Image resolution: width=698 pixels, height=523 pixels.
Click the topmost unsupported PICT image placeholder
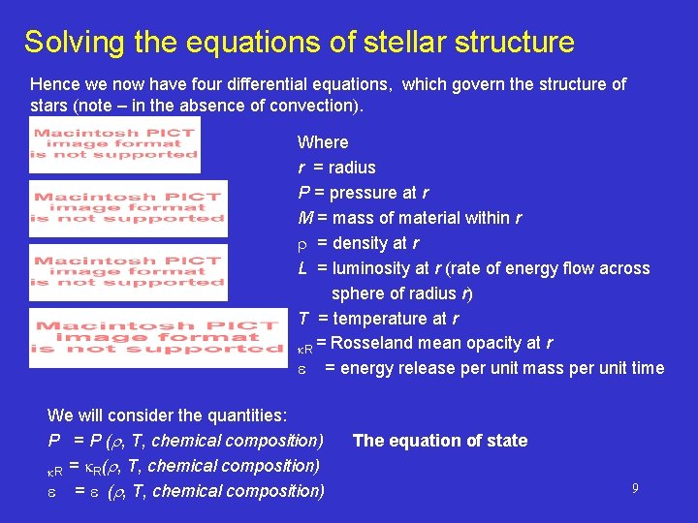pyautogui.click(x=114, y=144)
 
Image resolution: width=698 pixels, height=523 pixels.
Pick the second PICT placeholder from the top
pyautogui.click(x=129, y=208)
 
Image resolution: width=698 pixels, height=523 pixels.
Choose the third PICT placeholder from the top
pyautogui.click(x=129, y=272)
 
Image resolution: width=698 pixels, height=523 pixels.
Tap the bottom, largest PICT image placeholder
pyautogui.click(x=159, y=338)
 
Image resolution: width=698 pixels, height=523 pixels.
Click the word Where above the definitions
pyautogui.click(x=323, y=142)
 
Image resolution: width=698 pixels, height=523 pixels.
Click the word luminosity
pyautogui.click(x=374, y=268)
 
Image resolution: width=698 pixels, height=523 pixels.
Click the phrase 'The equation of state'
pyautogui.click(x=440, y=441)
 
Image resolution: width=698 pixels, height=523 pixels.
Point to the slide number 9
pyautogui.click(x=635, y=489)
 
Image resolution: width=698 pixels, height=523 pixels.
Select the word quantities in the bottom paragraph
pyautogui.click(x=244, y=415)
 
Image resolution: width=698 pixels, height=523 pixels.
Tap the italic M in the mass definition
pyautogui.click(x=303, y=218)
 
